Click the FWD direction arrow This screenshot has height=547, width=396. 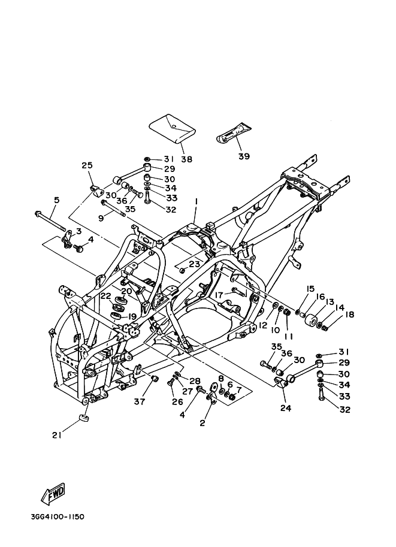pyautogui.click(x=53, y=494)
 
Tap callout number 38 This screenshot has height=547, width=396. pyautogui.click(x=186, y=159)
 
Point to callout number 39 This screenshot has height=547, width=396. pyautogui.click(x=244, y=156)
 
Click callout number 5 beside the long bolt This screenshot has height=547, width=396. pyautogui.click(x=56, y=200)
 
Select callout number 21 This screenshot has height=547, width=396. pyautogui.click(x=57, y=435)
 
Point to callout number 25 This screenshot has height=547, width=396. pyautogui.click(x=87, y=165)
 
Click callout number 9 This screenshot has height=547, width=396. pyautogui.click(x=101, y=219)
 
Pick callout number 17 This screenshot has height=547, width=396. pyautogui.click(x=220, y=295)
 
